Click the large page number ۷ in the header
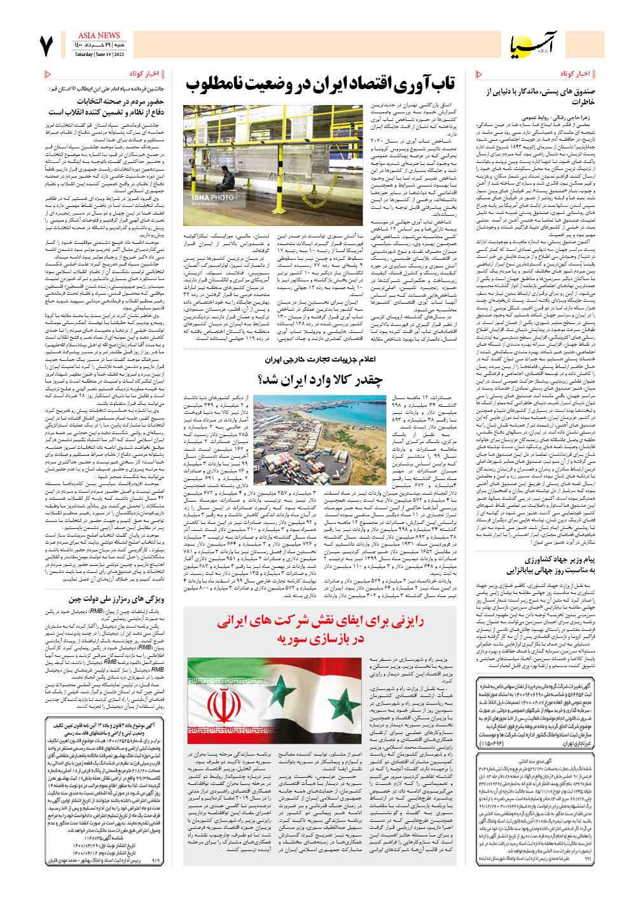(x=46, y=46)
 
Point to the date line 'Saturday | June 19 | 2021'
(x=100, y=54)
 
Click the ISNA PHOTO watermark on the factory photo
(x=212, y=198)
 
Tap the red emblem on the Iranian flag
(x=223, y=705)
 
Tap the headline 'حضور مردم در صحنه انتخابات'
(x=120, y=101)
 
